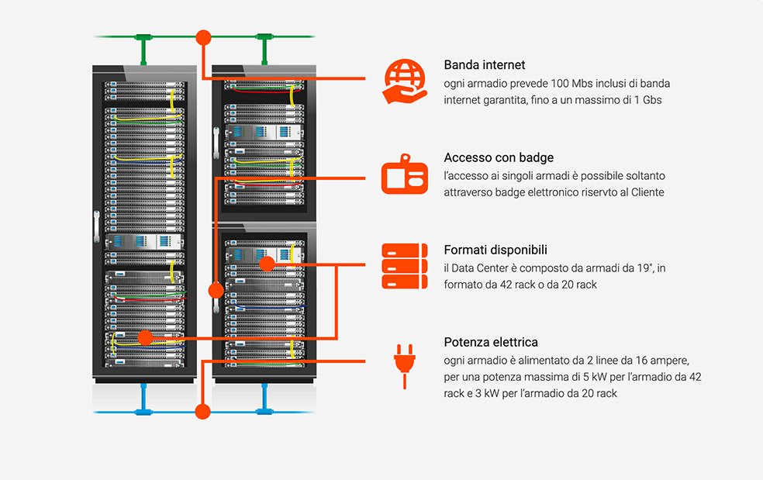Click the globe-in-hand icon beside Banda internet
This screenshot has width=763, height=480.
tap(405, 81)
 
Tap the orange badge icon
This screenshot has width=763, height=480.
tap(404, 174)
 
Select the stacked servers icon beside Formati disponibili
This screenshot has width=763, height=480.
tap(404, 266)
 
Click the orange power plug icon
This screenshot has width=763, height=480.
tap(404, 366)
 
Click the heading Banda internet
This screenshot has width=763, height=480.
tap(484, 64)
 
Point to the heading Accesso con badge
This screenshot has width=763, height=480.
tap(499, 157)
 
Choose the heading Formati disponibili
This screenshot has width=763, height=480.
tap(495, 250)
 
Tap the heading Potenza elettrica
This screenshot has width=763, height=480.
tap(491, 342)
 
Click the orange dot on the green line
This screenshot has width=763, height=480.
tap(203, 37)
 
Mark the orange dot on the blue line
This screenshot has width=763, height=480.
tap(202, 411)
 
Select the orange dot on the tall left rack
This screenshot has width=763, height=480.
tap(145, 337)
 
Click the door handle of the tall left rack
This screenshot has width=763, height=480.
tap(96, 226)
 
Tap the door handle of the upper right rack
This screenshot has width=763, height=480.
tap(216, 143)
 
